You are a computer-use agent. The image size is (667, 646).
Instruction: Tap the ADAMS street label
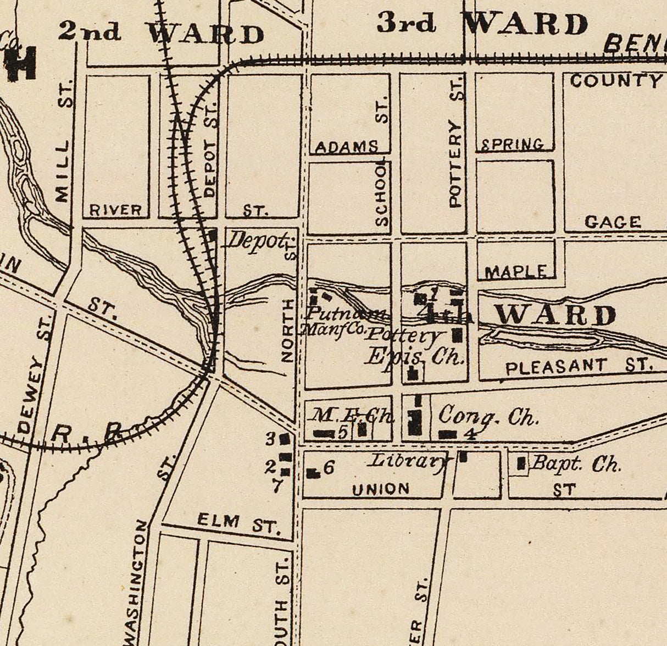[x=347, y=147]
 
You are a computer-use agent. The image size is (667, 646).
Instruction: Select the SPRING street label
[x=513, y=145]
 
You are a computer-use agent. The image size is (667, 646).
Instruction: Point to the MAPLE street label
[x=515, y=272]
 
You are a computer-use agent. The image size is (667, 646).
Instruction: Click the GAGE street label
[x=613, y=222]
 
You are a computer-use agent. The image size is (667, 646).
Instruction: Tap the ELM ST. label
[x=238, y=522]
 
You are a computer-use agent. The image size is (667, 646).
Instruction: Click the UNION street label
[x=381, y=488]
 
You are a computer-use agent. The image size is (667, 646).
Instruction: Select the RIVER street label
[x=116, y=210]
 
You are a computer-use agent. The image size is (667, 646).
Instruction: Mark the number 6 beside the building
[x=329, y=468]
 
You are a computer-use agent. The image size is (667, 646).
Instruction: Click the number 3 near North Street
[x=270, y=439]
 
